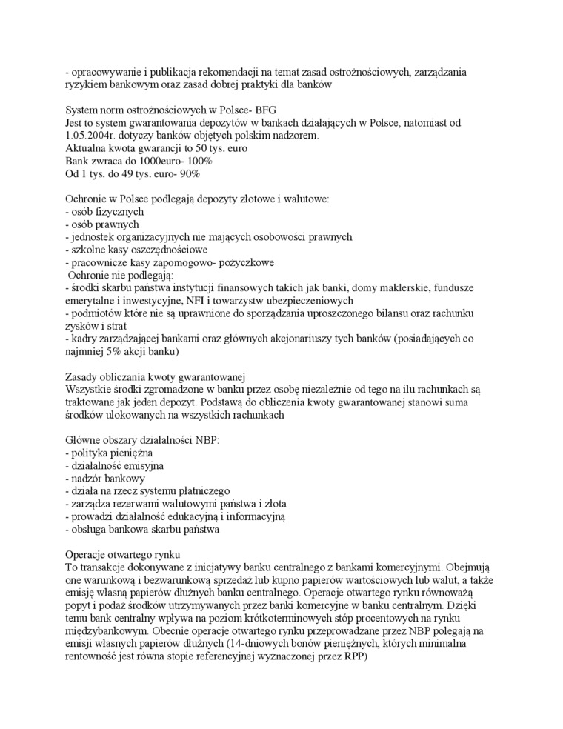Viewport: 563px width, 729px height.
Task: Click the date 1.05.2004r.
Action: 93,136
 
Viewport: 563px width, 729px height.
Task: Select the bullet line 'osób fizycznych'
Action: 104,211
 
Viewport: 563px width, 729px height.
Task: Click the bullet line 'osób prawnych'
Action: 102,224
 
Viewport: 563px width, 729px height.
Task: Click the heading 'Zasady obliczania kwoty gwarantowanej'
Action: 155,376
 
